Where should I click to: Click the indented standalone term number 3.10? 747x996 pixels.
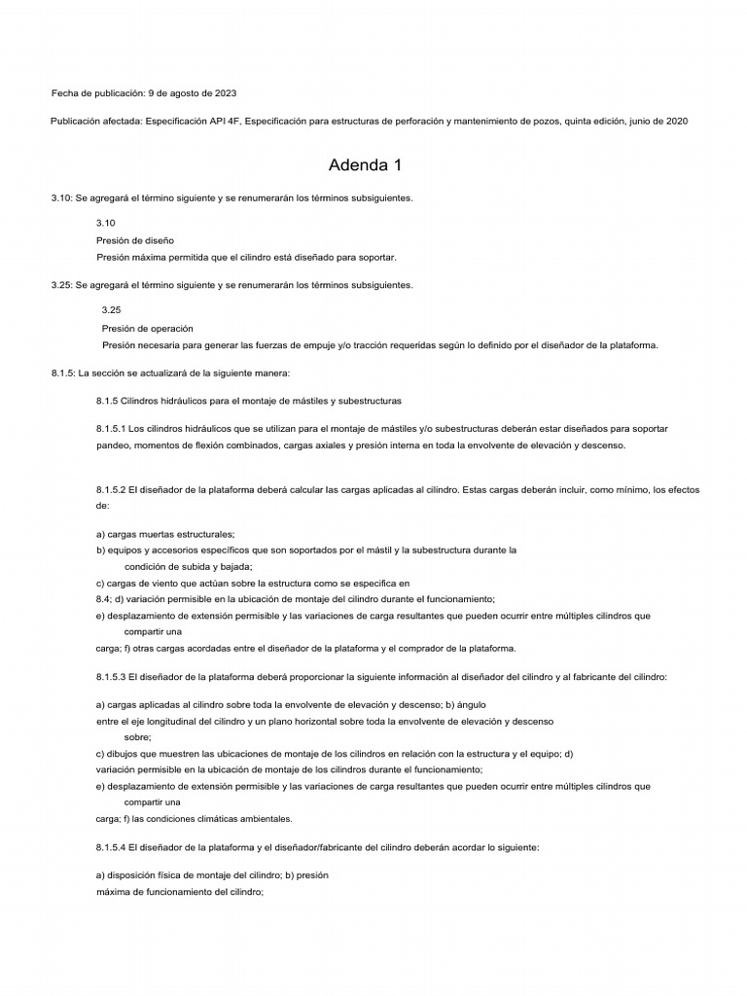click(x=106, y=223)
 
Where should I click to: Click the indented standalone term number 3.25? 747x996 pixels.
click(x=112, y=309)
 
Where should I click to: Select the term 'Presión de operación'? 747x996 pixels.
click(x=147, y=328)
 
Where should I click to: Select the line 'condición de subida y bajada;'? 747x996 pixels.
click(x=189, y=566)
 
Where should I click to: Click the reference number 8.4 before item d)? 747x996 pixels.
click(x=103, y=599)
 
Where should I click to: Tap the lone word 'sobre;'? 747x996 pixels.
click(x=138, y=737)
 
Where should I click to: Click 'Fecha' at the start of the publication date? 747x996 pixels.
click(x=64, y=93)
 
